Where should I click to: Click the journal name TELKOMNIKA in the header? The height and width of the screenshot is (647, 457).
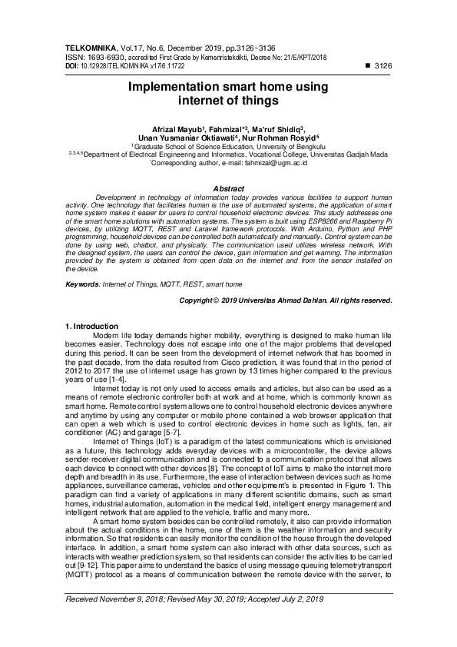pyautogui.click(x=89, y=48)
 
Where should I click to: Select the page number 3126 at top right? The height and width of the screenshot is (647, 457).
pyautogui.click(x=382, y=67)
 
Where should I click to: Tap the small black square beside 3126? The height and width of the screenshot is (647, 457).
pyautogui.click(x=365, y=67)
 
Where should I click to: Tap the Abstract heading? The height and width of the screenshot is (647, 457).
pyautogui.click(x=228, y=188)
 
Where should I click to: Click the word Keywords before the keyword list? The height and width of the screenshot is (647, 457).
pyautogui.click(x=83, y=284)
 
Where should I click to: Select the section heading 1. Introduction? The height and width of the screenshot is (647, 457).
pyautogui.click(x=91, y=327)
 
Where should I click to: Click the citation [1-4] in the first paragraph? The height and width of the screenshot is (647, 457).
pyautogui.click(x=117, y=380)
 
